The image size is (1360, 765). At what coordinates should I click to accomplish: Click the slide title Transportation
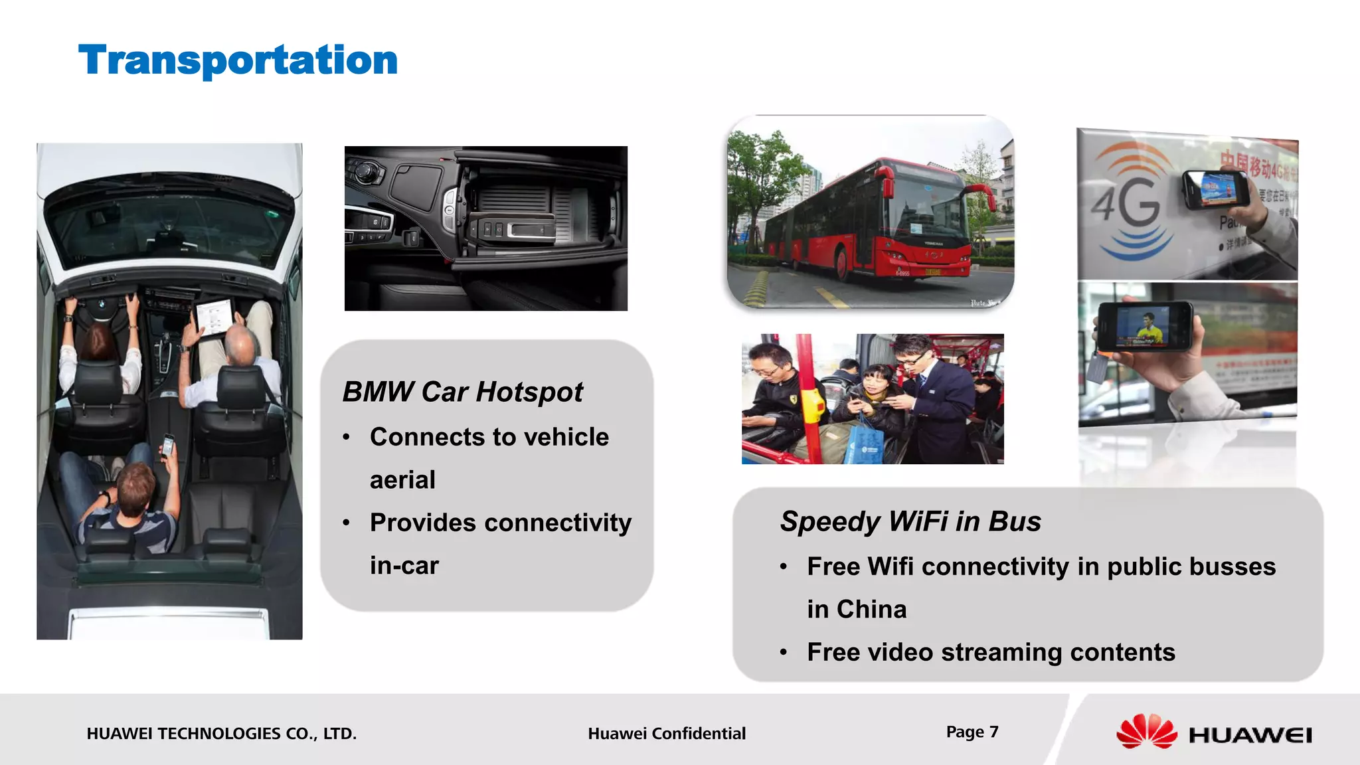[x=238, y=60]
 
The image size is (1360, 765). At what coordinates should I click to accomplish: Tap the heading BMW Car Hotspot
[x=462, y=392]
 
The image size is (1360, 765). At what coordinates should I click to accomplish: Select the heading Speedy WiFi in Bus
[x=910, y=521]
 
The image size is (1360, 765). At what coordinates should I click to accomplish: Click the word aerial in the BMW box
[x=402, y=479]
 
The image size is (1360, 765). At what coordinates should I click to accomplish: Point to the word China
[x=871, y=609]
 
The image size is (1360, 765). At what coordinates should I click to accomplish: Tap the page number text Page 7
[x=972, y=732]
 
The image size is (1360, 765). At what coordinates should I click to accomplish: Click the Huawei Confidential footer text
[x=667, y=734]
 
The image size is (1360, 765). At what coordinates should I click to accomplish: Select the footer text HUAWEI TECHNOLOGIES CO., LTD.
[x=221, y=734]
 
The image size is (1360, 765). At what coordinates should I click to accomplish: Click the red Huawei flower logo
[x=1146, y=732]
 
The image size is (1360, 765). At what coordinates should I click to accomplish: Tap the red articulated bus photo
[x=870, y=212]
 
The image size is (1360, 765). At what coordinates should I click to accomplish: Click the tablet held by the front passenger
[x=214, y=317]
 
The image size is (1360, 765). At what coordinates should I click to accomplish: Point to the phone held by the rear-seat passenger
[x=169, y=445]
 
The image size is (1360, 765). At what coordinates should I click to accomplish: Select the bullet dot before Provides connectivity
[x=346, y=523]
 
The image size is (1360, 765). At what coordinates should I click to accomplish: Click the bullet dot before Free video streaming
[x=784, y=653]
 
